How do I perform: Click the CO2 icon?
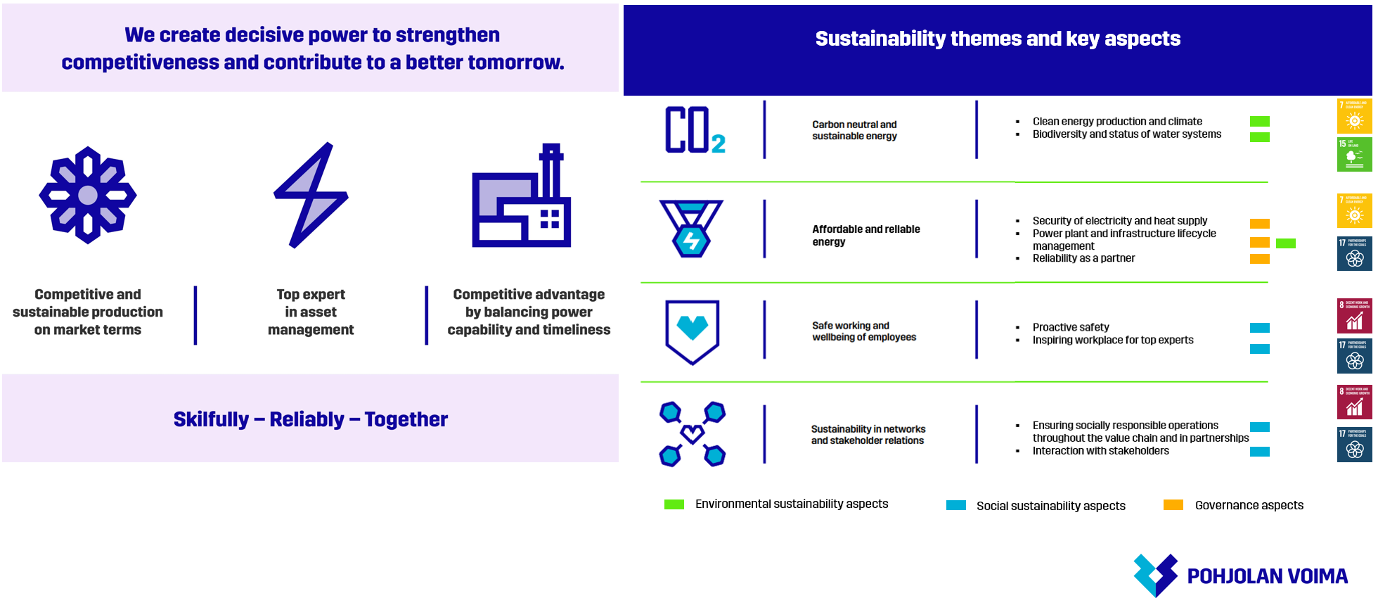click(x=695, y=130)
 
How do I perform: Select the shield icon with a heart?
click(x=693, y=331)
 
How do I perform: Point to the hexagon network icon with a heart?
click(x=693, y=434)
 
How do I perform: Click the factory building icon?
click(x=521, y=197)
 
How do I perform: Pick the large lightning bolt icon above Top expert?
click(x=311, y=196)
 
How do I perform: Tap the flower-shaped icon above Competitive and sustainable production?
click(x=88, y=196)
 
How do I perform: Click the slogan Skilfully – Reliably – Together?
click(x=310, y=419)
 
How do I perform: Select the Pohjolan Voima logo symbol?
click(x=1155, y=575)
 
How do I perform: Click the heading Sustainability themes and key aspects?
click(x=998, y=39)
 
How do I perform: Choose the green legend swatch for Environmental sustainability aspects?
click(x=674, y=504)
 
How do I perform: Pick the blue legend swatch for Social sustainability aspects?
click(x=956, y=505)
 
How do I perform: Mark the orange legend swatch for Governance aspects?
click(x=1173, y=504)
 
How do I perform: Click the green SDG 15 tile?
click(x=1354, y=154)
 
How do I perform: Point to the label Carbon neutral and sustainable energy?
click(x=854, y=130)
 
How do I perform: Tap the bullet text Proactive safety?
click(x=1071, y=327)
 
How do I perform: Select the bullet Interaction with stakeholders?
click(x=1100, y=451)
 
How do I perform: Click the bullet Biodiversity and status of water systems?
click(x=1126, y=134)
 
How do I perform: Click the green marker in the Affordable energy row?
click(x=1286, y=243)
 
